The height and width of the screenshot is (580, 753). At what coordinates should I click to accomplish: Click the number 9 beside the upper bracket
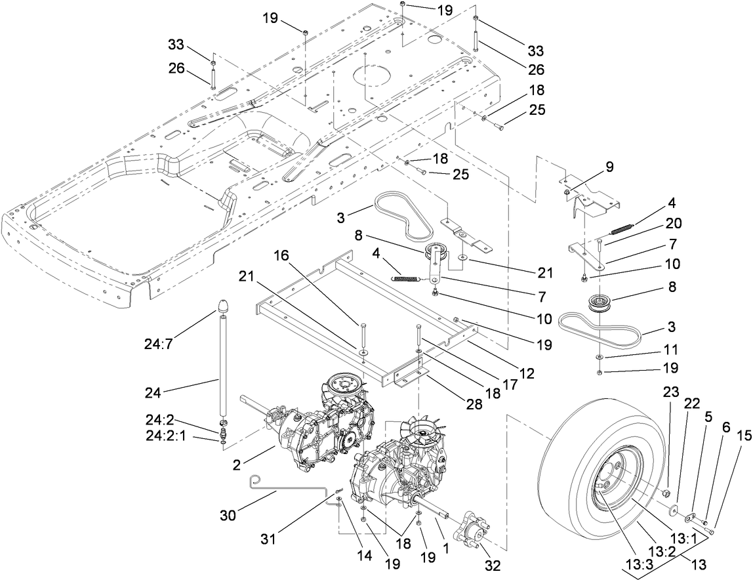[609, 167]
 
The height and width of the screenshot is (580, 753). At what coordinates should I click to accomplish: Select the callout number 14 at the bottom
[363, 554]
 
